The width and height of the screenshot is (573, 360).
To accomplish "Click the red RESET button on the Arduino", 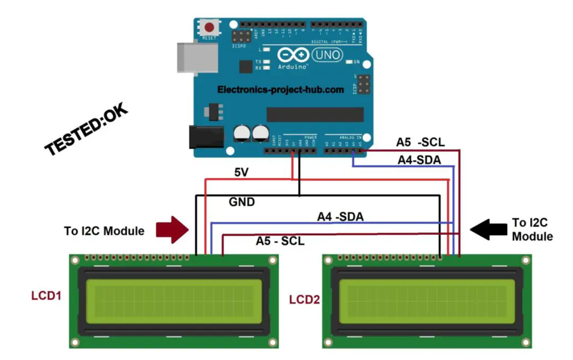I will pyautogui.click(x=210, y=27).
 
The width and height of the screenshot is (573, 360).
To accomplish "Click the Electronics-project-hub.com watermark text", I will pyautogui.click(x=280, y=90).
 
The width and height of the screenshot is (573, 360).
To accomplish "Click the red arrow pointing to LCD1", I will pyautogui.click(x=173, y=229).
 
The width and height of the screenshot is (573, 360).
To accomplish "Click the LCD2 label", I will pyautogui.click(x=304, y=299).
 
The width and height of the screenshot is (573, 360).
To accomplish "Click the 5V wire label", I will pyautogui.click(x=241, y=172).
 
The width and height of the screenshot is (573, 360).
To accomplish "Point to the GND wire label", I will pyautogui.click(x=241, y=202).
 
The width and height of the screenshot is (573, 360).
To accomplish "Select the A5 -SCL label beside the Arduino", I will pyautogui.click(x=420, y=142).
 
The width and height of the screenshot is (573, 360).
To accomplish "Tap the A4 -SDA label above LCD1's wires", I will pyautogui.click(x=340, y=217).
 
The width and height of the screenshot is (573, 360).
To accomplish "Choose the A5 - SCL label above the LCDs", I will pyautogui.click(x=280, y=241).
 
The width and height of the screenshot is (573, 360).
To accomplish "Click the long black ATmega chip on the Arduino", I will pyautogui.click(x=315, y=115).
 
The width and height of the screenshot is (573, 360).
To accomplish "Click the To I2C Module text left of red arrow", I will pyautogui.click(x=104, y=231).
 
